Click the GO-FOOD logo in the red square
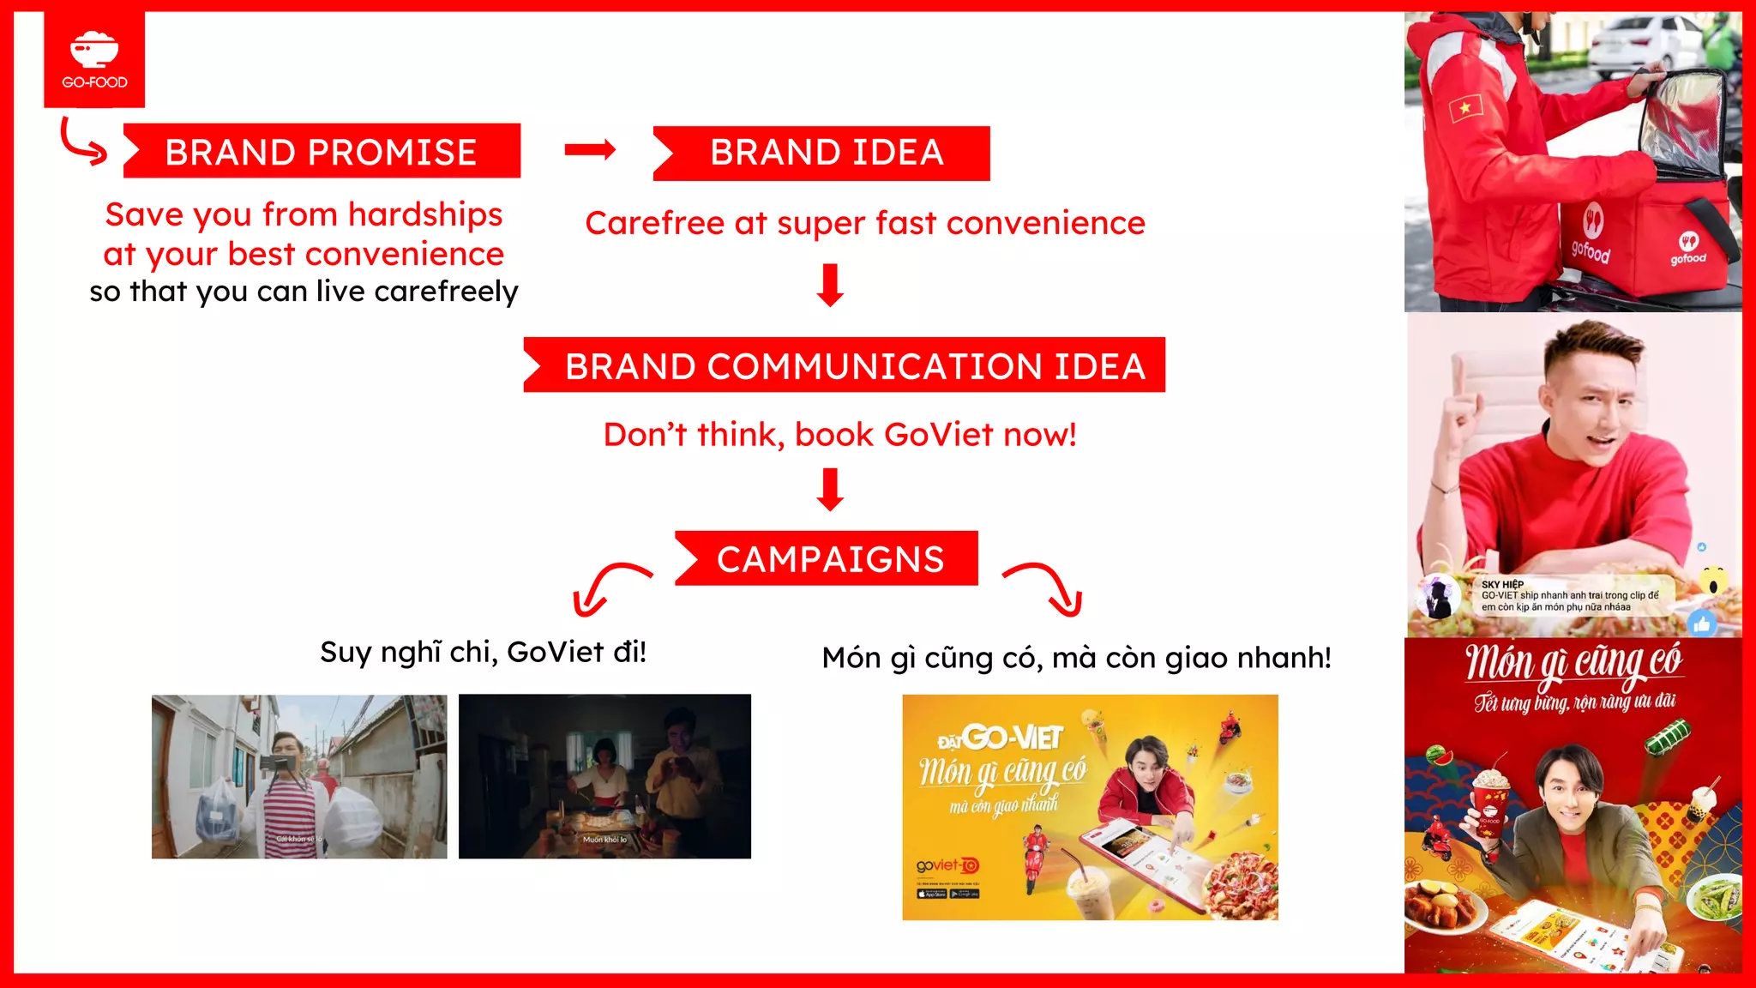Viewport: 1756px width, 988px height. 94,59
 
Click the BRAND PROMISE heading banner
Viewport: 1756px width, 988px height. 321,152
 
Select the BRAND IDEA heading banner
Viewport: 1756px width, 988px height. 824,153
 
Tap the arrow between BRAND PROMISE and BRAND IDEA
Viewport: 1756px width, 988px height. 590,150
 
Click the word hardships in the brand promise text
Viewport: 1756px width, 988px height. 425,214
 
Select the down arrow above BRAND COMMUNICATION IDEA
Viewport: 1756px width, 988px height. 830,285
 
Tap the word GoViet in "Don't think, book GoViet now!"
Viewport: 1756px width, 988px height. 938,435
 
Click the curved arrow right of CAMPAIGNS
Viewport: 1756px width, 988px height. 1047,587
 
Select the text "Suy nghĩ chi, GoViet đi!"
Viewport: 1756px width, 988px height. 483,652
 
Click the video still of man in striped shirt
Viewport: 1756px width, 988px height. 299,776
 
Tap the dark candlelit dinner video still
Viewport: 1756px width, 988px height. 604,776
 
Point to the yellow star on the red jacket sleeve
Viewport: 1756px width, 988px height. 1465,107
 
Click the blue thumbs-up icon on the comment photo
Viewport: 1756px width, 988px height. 1702,624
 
